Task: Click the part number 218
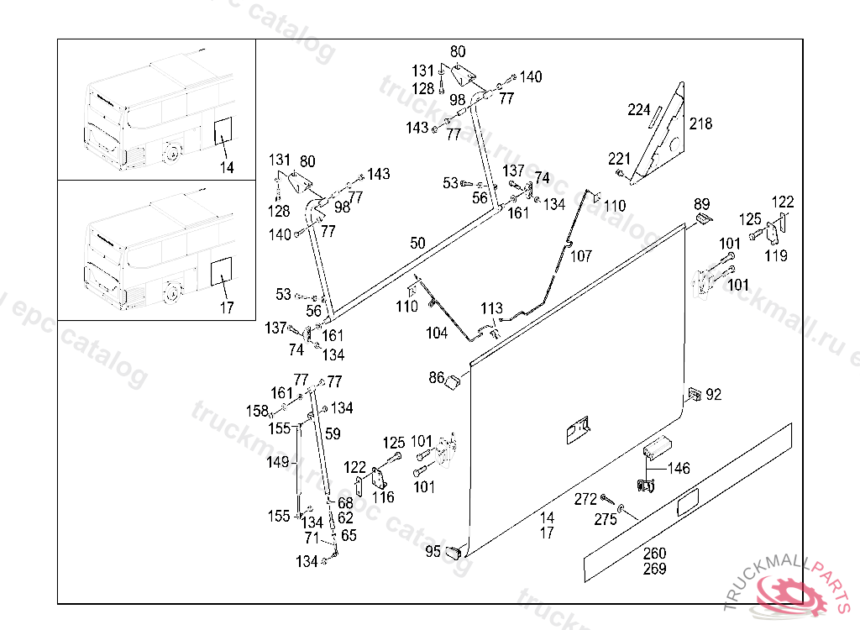[x=700, y=124]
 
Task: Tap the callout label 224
[x=639, y=109]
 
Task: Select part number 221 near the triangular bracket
[x=619, y=159]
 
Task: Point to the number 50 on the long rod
[x=417, y=244]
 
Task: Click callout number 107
[x=581, y=256]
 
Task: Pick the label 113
[x=491, y=308]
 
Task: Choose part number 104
[x=437, y=333]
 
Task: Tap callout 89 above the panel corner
[x=702, y=204]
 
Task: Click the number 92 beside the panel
[x=714, y=394]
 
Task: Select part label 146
[x=679, y=468]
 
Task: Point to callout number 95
[x=433, y=552]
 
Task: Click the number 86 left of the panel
[x=437, y=378]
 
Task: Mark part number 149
[x=277, y=462]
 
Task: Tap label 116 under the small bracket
[x=383, y=498]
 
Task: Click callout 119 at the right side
[x=776, y=256]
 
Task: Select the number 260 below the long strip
[x=654, y=554]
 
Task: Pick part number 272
[x=585, y=499]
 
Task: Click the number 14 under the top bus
[x=227, y=167]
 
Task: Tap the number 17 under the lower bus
[x=227, y=307]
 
